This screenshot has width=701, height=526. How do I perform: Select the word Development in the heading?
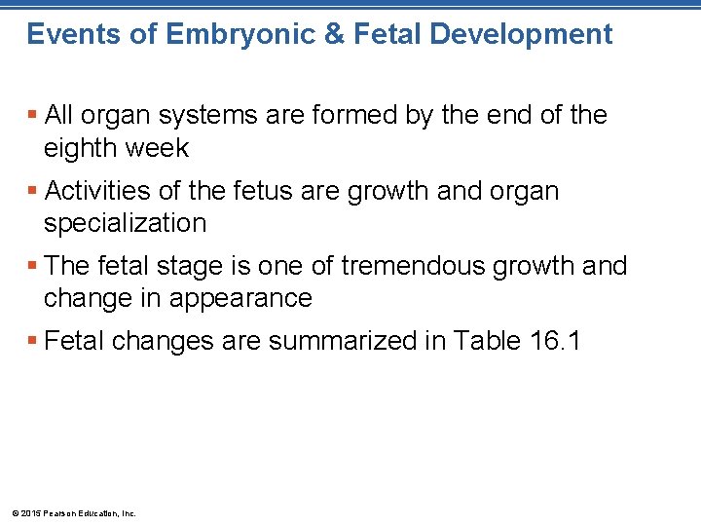(x=521, y=35)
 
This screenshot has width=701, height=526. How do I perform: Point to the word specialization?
(x=125, y=223)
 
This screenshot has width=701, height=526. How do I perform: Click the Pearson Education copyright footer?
(x=73, y=512)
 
